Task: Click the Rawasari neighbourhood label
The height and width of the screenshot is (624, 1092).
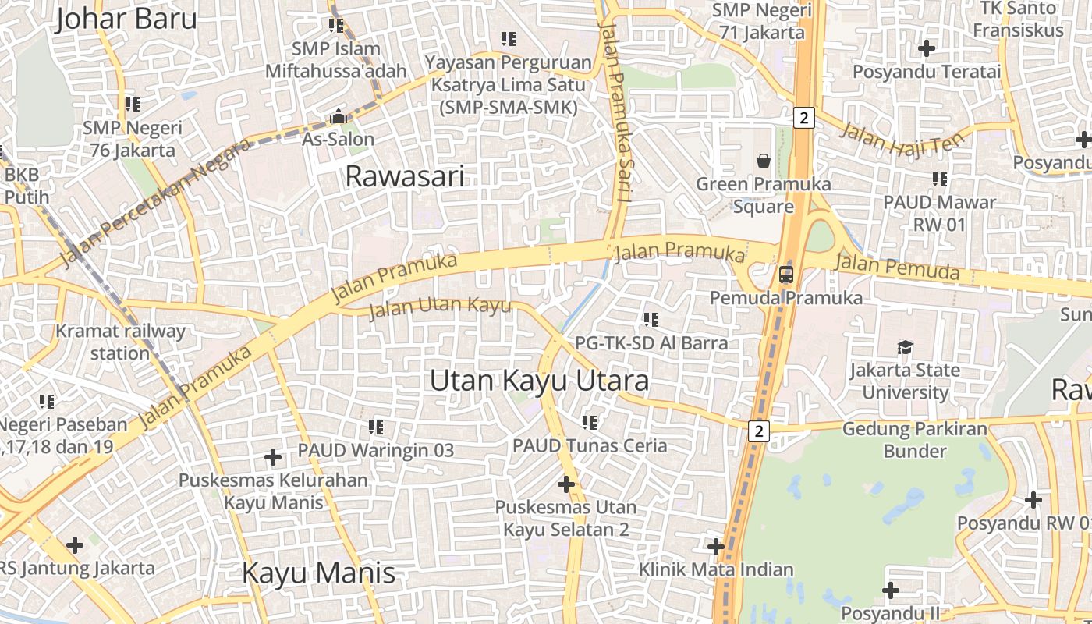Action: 404,176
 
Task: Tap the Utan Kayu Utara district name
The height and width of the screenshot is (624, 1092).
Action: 539,381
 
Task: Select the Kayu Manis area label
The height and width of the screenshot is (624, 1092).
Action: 318,573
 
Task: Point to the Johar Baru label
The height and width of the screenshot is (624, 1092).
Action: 126,18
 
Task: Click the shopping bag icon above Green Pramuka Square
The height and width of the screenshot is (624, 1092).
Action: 763,161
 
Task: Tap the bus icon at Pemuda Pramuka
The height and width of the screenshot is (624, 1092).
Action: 785,275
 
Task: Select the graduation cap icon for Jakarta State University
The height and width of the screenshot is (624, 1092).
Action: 905,347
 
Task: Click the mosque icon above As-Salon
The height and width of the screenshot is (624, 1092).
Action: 339,117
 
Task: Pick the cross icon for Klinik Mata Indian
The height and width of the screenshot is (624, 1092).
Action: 715,546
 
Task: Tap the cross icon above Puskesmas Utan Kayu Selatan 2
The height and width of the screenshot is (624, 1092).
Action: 566,484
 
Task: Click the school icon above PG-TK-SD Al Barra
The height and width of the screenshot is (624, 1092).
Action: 651,319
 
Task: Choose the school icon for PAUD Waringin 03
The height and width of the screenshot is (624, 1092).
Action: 376,427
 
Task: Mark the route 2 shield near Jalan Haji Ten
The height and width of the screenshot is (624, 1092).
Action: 804,118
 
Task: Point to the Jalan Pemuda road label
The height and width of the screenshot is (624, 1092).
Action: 896,267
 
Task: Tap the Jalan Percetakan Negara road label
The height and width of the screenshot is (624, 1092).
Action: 156,202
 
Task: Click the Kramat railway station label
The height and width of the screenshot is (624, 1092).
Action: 120,342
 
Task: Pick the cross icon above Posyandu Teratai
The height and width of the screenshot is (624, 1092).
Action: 926,48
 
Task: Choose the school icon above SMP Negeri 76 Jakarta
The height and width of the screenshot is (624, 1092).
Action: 133,104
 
